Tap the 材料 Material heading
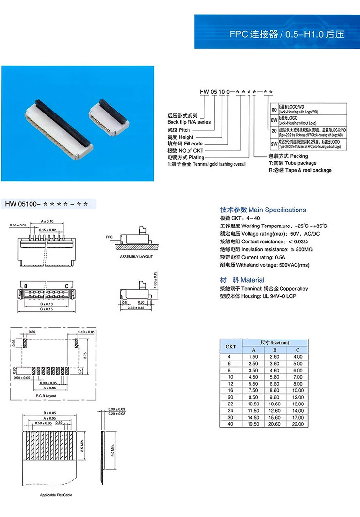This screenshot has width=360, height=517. tap(242, 280)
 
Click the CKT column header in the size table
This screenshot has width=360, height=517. tap(231, 346)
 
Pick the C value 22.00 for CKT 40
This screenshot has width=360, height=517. tap(297, 424)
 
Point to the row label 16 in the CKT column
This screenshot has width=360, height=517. tap(231, 390)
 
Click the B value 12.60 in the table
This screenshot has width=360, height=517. tap(274, 410)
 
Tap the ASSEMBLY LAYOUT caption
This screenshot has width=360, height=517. tap(136, 257)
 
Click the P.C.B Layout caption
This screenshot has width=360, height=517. tap(46, 396)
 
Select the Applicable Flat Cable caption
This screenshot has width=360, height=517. tap(56, 495)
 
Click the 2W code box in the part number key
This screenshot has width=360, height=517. tap(273, 144)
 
